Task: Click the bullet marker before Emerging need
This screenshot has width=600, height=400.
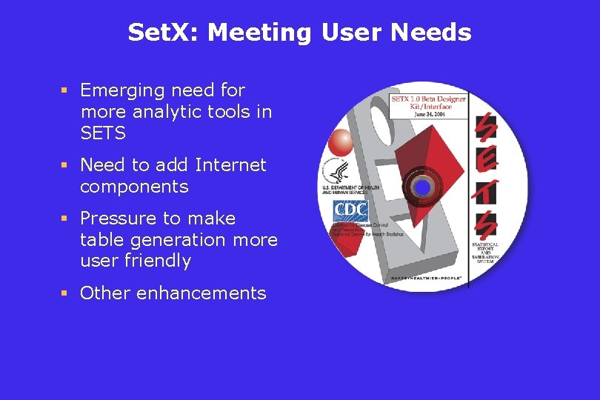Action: [64, 90]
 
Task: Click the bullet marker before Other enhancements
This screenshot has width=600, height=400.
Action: [64, 293]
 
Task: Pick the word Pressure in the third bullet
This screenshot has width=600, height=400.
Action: [120, 219]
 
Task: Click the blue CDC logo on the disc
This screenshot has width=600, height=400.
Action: [350, 211]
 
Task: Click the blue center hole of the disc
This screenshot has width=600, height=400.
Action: [422, 188]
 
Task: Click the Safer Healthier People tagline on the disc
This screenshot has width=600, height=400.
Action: [427, 279]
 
